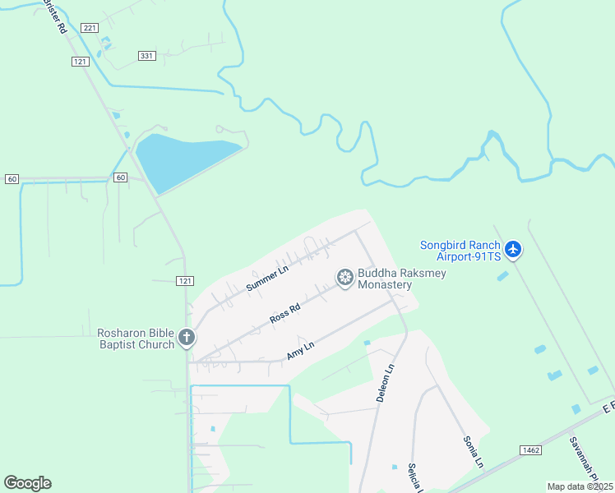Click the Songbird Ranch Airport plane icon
click(x=513, y=248)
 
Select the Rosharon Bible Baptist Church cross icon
click(x=187, y=337)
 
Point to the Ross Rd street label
click(x=284, y=314)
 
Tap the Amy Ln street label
click(x=300, y=351)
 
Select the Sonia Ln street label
click(x=473, y=451)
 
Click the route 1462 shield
click(x=530, y=450)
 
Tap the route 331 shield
click(x=147, y=56)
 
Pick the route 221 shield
click(x=90, y=28)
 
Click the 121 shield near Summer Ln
click(x=185, y=281)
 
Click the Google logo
click(x=27, y=483)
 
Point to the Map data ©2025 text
click(x=580, y=486)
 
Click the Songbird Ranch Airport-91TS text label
click(x=460, y=251)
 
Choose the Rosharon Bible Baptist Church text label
click(x=136, y=338)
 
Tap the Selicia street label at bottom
click(x=414, y=479)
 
